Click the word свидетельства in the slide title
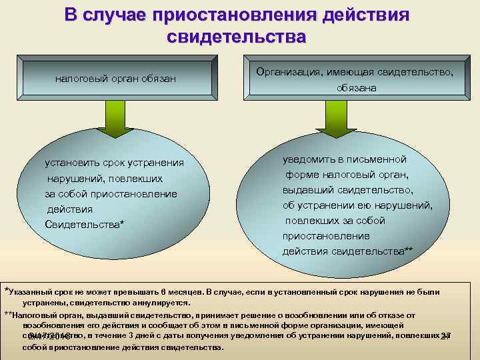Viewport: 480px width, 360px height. click(237, 35)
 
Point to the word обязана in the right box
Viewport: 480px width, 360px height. click(356, 88)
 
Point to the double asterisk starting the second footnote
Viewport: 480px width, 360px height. click(8, 314)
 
